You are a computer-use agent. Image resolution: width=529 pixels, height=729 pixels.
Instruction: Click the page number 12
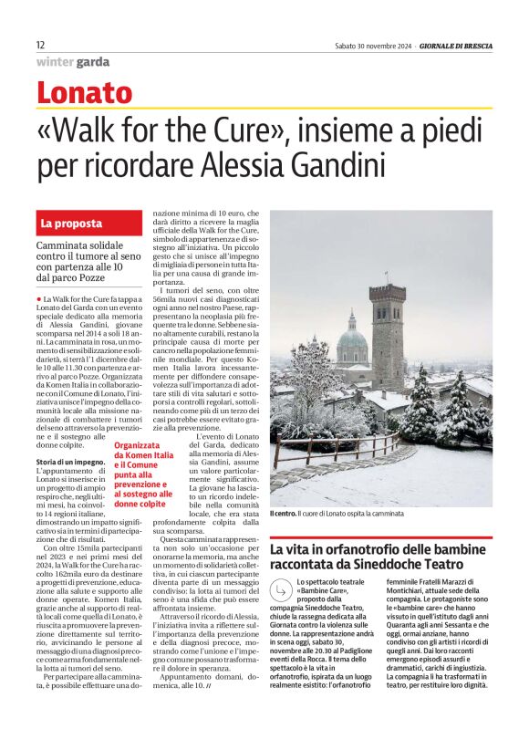(40, 45)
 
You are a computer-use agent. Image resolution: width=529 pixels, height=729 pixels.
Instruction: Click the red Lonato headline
(84, 93)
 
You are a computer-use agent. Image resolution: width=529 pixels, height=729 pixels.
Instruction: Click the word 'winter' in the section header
(56, 63)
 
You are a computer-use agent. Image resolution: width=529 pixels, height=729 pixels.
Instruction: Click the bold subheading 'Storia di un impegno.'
(69, 464)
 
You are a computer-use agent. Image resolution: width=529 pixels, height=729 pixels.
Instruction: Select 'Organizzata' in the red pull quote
(134, 447)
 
